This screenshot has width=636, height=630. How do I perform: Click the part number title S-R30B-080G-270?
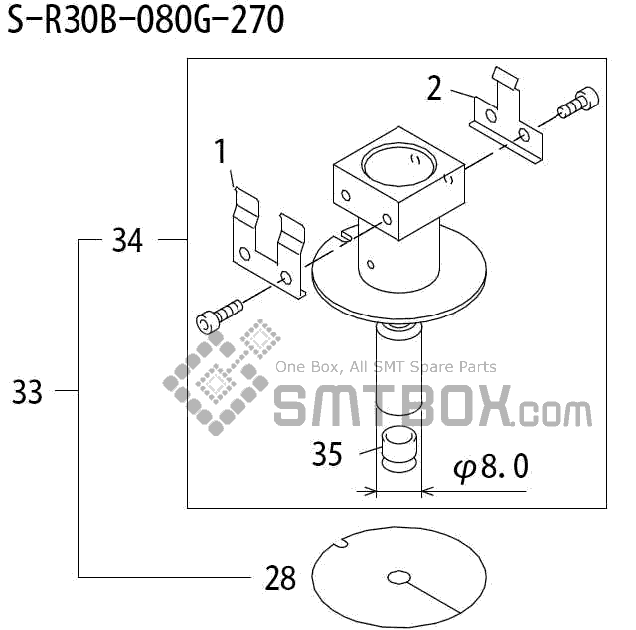pos(146,21)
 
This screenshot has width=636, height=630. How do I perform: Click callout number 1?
pos(221,152)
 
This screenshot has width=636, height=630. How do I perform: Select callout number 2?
pos(434,89)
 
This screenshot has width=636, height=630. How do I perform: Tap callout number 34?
pos(127,240)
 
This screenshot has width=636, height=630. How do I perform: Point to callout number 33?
pos(28,393)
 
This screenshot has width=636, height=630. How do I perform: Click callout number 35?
pos(327,455)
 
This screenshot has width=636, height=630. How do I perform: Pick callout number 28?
pos(281,578)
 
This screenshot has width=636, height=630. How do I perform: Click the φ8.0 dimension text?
pos(490,467)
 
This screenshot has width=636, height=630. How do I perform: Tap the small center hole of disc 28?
pos(398,577)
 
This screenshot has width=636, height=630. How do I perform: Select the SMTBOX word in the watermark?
pos(393,407)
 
